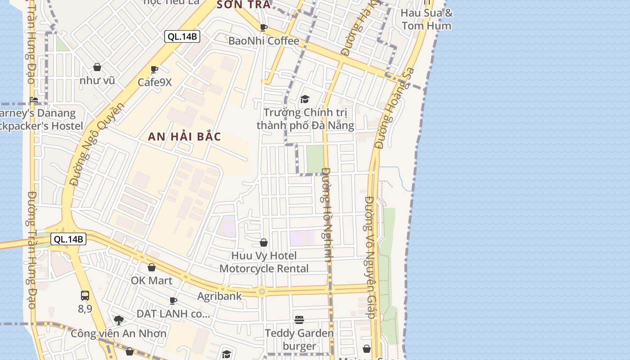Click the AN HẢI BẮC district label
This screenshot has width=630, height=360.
184,136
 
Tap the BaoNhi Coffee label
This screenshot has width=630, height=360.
264,41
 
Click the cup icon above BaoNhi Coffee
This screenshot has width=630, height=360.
264,28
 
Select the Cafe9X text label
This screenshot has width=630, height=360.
154,82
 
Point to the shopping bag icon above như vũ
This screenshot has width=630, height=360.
97,67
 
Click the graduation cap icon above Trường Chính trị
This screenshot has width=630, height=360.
305,99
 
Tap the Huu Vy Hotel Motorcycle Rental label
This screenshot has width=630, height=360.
264,262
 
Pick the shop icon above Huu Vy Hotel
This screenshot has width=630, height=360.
264,243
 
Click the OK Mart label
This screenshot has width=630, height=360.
151,281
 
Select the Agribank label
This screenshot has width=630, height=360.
219,296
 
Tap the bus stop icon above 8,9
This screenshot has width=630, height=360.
85,296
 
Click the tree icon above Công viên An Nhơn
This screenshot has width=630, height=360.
119,320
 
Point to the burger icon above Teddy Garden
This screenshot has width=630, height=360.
299,320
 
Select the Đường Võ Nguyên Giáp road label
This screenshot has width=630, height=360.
370,257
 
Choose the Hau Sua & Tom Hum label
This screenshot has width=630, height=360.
426,19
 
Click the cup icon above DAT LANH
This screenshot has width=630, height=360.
173,301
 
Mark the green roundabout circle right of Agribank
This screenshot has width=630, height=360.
262,292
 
